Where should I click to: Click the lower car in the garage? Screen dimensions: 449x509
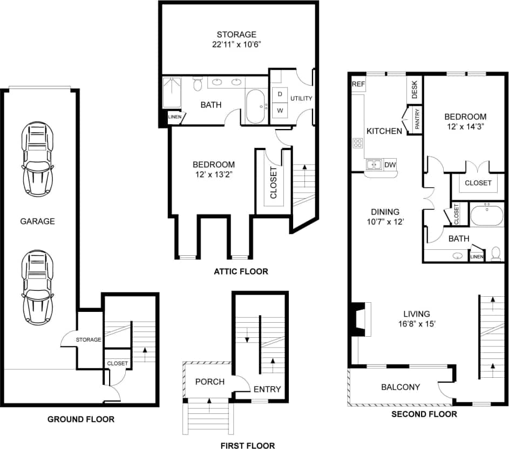point(36,287)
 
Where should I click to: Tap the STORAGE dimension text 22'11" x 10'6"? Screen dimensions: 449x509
point(234,44)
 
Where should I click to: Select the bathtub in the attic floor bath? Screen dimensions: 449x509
point(255,106)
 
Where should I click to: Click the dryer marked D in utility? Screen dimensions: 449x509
point(280,94)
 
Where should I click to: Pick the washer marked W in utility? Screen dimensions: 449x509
point(280,111)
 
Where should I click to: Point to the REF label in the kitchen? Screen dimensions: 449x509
point(358,84)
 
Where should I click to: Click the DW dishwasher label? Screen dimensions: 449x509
point(390,165)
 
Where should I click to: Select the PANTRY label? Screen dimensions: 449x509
point(417,120)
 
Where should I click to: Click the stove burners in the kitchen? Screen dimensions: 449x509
point(357,143)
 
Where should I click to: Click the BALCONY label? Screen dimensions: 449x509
point(401,387)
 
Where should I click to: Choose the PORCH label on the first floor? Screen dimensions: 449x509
point(209,382)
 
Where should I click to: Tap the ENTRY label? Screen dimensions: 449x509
point(267,389)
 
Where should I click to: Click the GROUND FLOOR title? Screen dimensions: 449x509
point(81,419)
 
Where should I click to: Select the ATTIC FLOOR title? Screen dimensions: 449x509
point(241,271)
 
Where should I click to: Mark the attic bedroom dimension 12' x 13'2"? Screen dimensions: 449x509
point(214,174)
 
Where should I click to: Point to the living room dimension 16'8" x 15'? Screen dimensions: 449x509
point(417,324)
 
